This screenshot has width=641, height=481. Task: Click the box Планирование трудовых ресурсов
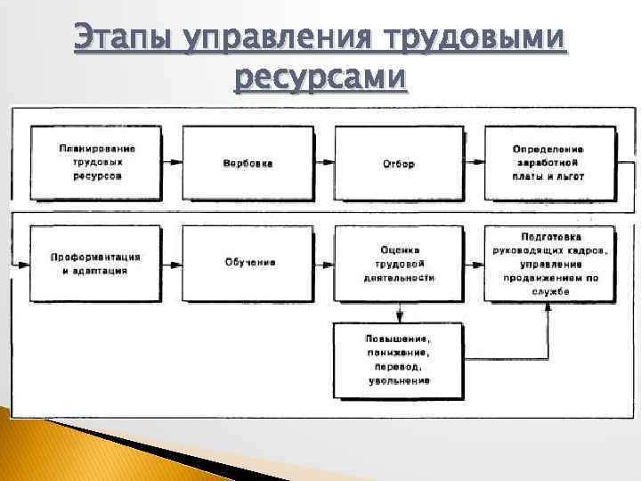97,163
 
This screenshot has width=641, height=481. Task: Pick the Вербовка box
248,163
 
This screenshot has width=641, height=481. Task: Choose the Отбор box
399,163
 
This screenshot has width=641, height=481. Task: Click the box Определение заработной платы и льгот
548,163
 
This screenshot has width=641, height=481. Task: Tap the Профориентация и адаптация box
97,263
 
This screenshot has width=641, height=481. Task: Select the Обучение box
248,263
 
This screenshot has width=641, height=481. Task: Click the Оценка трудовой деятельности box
399,263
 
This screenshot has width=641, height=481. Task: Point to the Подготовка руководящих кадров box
548,263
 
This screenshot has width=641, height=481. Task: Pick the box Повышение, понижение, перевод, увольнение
399,359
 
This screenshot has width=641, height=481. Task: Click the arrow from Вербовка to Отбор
324,164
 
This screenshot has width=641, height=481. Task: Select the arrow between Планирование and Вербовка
174,164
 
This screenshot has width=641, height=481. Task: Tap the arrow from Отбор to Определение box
475,164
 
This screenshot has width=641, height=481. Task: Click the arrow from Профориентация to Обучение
174,264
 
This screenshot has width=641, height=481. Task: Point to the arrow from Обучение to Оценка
324,264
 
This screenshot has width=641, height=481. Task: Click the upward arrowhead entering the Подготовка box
548,307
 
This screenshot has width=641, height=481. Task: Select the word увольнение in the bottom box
399,380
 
